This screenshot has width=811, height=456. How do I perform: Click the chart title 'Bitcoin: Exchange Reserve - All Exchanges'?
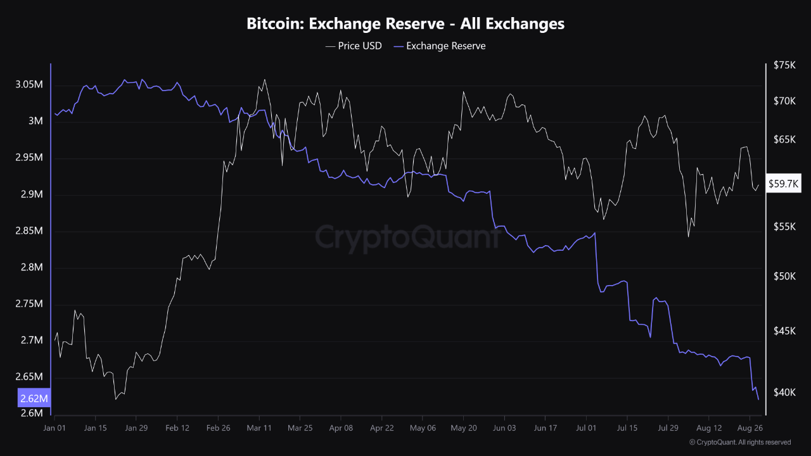coord(405,24)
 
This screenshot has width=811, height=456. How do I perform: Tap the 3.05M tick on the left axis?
coord(29,84)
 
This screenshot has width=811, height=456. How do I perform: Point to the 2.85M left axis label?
coord(29,231)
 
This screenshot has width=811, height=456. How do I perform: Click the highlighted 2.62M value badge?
coord(34,398)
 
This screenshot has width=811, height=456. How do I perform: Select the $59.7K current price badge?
coord(783,184)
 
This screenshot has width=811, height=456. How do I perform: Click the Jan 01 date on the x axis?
coord(54,427)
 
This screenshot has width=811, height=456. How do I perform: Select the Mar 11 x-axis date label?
coord(259,427)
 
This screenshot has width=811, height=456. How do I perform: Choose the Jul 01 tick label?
coord(586,427)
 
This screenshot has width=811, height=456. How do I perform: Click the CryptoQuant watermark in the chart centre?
coord(409,237)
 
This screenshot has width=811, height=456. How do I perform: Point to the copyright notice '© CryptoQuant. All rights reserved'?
coord(739,442)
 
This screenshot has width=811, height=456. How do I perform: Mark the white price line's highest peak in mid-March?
coord(264,80)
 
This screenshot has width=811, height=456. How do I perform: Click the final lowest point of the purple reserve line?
coord(758,399)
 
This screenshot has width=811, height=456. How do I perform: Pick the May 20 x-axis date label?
coord(463,427)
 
